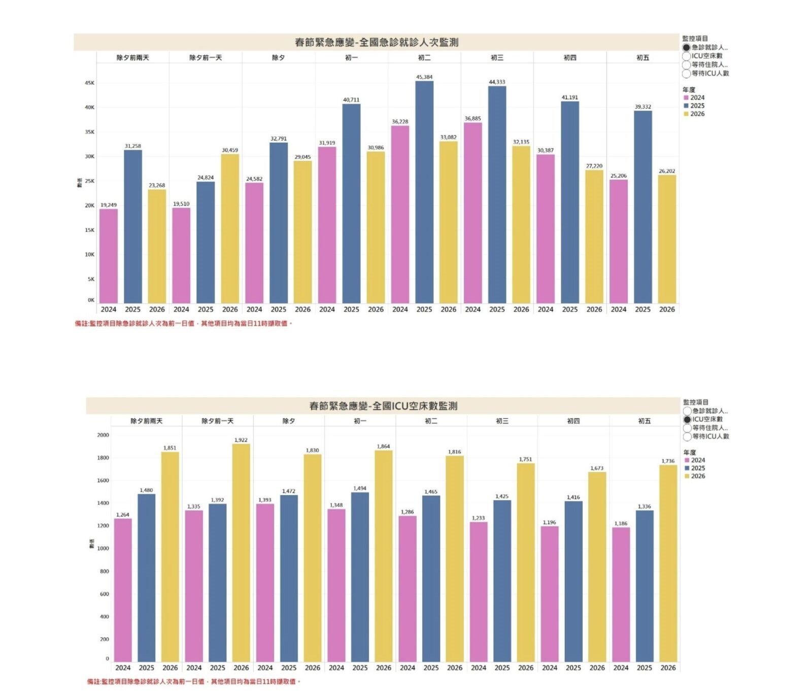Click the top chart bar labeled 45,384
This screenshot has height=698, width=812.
(x=424, y=193)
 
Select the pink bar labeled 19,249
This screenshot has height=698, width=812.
(x=109, y=256)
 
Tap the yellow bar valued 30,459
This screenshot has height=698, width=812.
(x=230, y=228)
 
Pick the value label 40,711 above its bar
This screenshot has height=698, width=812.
(x=351, y=100)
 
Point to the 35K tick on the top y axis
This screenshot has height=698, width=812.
(x=89, y=132)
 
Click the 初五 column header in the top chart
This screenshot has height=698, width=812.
(x=642, y=58)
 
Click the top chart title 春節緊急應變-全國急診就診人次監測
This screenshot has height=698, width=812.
(x=376, y=43)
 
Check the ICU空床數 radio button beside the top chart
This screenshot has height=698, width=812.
(x=687, y=56)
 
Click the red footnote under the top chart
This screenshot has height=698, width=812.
(x=184, y=323)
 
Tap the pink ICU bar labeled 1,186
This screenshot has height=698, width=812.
(x=621, y=594)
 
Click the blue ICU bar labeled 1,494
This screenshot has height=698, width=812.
(x=360, y=577)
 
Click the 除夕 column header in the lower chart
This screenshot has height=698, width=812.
(x=289, y=421)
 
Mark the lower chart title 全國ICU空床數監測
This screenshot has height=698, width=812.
(x=383, y=406)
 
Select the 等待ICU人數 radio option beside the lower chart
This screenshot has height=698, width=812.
(x=687, y=437)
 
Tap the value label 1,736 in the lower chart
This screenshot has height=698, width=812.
(x=668, y=461)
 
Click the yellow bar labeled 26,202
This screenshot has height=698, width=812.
(x=667, y=240)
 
